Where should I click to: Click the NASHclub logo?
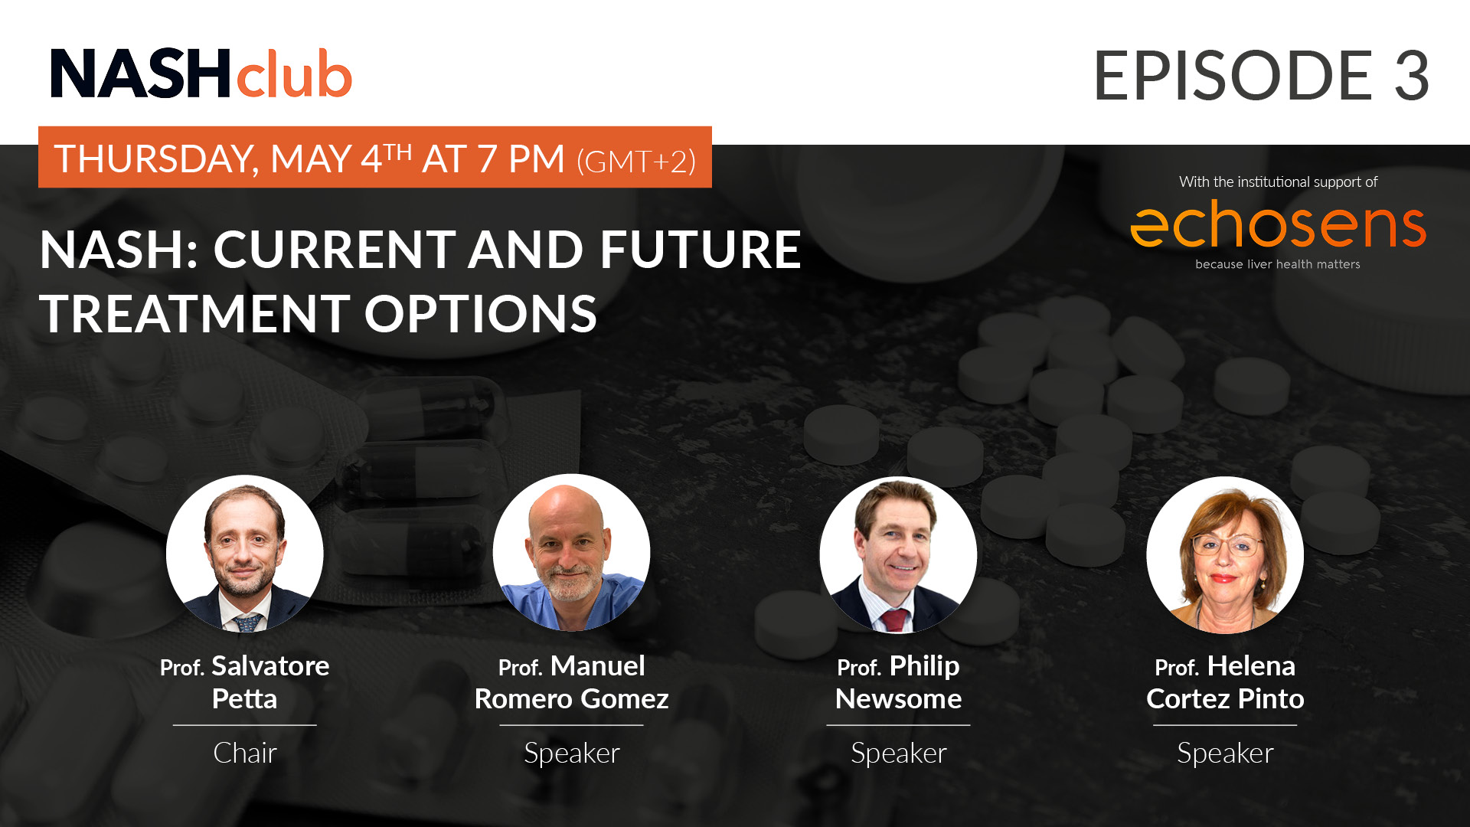201,74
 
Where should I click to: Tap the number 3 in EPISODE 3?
1411,75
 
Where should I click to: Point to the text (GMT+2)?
636,161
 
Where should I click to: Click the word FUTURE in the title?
701,250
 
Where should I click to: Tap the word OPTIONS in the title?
481,314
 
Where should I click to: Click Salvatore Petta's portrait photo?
245,554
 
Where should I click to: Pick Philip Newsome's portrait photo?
898,555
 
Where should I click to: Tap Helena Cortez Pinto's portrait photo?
1225,555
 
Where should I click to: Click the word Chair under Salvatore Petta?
245,753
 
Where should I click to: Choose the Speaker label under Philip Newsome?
899,753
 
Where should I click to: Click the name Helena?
1251,666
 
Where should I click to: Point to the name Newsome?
898,699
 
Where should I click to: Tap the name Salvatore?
270,666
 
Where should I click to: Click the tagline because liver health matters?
1278,264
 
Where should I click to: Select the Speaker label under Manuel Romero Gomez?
572,753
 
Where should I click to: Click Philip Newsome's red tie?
893,619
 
